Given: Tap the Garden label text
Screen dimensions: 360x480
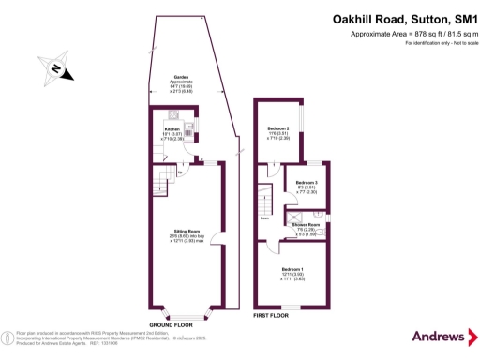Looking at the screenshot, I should tap(181, 79).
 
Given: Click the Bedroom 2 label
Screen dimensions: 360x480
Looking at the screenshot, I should tap(278, 128).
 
